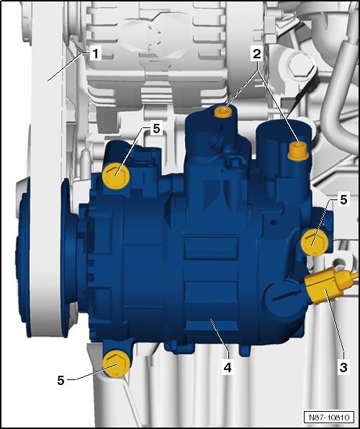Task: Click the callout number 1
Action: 95,54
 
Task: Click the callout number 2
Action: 257,55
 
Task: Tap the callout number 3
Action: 343,367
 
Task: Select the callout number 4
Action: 228,367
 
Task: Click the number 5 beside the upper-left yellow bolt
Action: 156,128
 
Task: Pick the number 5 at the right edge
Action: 343,199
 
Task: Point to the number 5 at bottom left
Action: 60,380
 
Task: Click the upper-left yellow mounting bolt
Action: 116,176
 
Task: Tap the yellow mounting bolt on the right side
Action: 315,243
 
